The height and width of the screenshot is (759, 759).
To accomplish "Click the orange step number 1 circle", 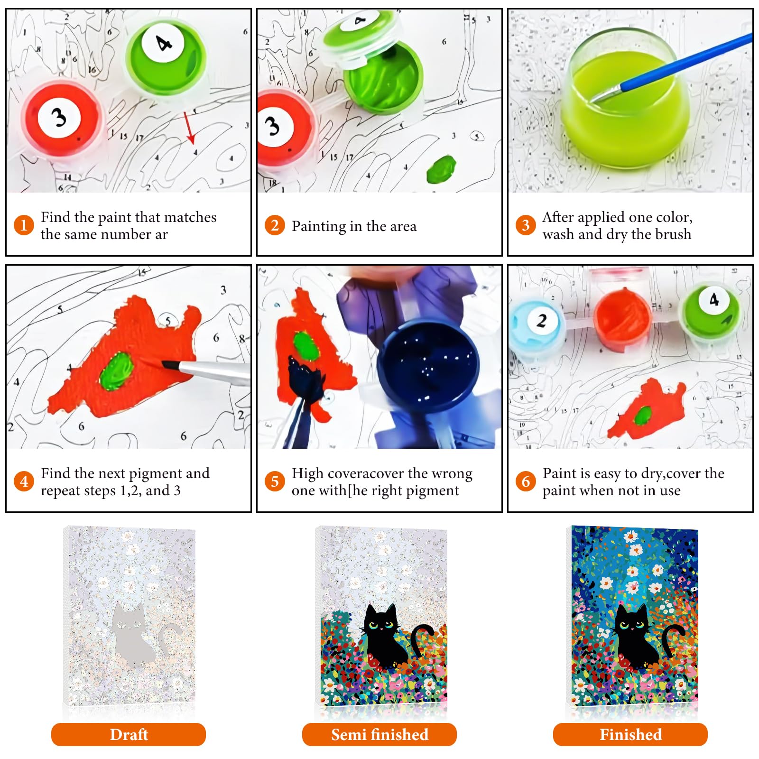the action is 24,225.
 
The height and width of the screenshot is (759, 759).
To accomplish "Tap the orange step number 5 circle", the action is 275,481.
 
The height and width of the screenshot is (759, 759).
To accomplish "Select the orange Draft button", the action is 129,734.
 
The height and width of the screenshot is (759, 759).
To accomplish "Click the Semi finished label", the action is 379,734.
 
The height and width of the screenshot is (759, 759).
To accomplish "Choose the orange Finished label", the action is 630,734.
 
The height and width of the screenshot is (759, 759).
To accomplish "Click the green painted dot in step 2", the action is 441,169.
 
